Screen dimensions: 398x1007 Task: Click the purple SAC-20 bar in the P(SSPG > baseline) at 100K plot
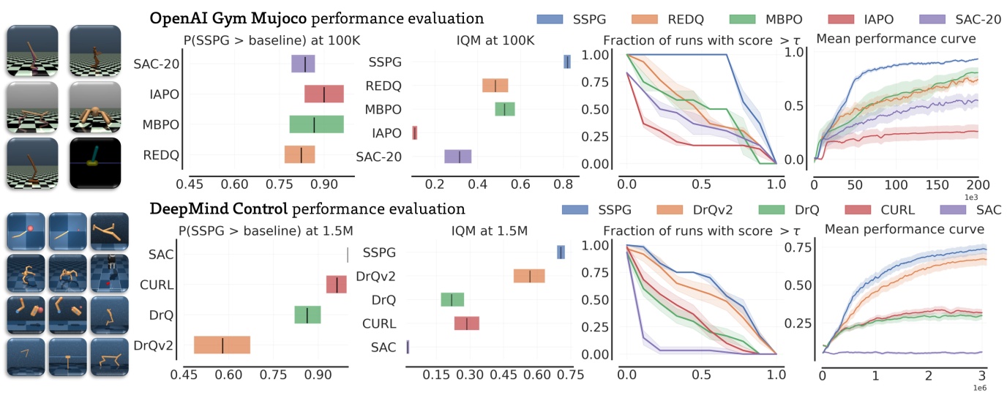[x=303, y=64]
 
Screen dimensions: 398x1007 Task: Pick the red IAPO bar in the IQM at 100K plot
[x=415, y=132]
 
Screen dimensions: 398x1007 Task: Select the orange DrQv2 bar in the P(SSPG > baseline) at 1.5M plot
[x=222, y=345]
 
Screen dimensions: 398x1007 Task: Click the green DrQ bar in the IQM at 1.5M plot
[x=452, y=300]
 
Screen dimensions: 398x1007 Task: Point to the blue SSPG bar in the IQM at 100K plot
[x=567, y=62]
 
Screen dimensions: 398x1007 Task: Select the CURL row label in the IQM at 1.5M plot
[x=379, y=323]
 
